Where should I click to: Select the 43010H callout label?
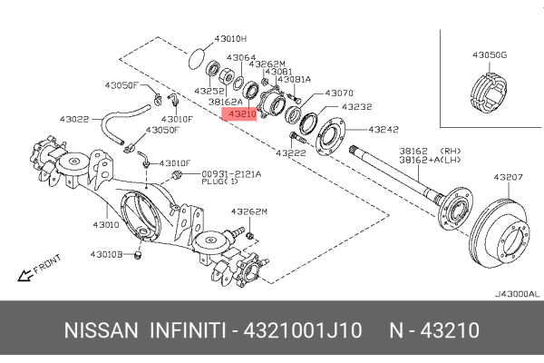(230, 38)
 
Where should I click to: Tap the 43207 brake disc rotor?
(500, 233)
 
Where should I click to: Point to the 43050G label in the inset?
(490, 54)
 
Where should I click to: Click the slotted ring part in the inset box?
(489, 93)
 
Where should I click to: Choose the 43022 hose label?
(74, 119)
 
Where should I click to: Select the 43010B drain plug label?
(106, 255)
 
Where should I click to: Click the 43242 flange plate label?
(384, 130)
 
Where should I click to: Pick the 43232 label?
(356, 107)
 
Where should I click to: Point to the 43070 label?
(339, 93)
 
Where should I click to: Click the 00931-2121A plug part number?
(231, 174)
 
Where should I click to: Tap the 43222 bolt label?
(291, 152)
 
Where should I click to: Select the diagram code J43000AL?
(517, 294)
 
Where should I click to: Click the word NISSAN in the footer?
(101, 330)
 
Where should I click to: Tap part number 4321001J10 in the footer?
(303, 330)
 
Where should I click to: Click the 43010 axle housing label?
(106, 225)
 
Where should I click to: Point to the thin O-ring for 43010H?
(197, 58)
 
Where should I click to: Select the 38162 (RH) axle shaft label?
(430, 152)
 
